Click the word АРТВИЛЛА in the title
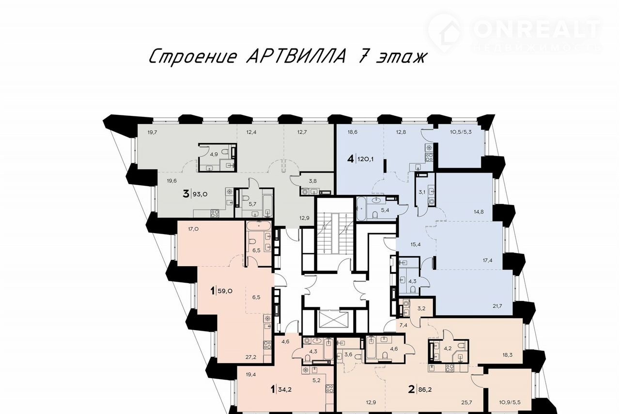point(295,57)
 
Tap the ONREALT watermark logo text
point(537,30)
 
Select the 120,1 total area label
point(365,159)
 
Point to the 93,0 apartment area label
point(200,194)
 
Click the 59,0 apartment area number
point(225,291)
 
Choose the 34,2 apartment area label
point(284,390)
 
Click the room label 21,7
point(497,306)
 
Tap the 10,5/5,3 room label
point(461,132)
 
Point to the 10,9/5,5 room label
point(510,402)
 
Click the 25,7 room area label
point(466,402)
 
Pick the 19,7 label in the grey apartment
point(152,132)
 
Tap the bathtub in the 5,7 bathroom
point(267,203)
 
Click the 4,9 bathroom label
point(214,155)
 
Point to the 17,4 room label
point(487,260)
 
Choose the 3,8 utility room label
point(313,181)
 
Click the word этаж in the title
point(400,58)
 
